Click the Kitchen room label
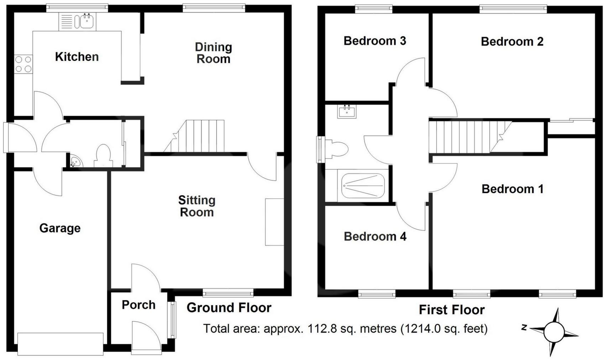click(x=77, y=57)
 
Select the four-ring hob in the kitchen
click(x=23, y=64)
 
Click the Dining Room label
click(x=213, y=53)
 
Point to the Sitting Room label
click(x=196, y=206)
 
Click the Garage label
click(x=60, y=228)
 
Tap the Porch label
click(x=138, y=305)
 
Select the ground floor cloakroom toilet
click(x=104, y=155)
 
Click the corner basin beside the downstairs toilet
click(x=75, y=162)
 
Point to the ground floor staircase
click(x=199, y=136)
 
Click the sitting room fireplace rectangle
click(x=274, y=222)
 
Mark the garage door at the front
click(x=60, y=344)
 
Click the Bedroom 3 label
click(x=374, y=41)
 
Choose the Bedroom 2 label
click(x=512, y=42)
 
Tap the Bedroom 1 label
click(x=512, y=189)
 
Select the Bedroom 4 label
click(x=375, y=237)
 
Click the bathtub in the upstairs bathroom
click(x=363, y=186)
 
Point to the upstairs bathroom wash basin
click(x=346, y=112)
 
